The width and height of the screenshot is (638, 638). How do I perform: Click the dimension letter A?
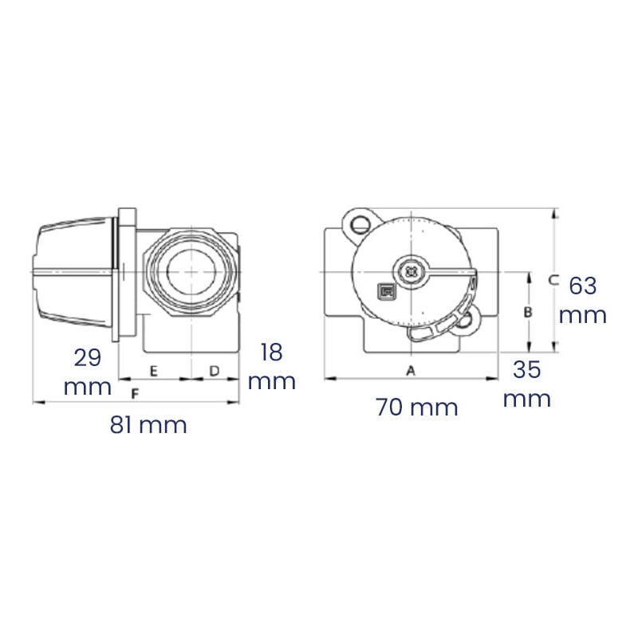(x=412, y=370)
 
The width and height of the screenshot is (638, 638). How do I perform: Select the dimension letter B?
(x=527, y=313)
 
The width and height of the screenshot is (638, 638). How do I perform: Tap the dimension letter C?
(x=553, y=279)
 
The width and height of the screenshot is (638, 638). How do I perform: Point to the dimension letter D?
(x=215, y=371)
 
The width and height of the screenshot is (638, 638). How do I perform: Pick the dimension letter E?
(x=154, y=371)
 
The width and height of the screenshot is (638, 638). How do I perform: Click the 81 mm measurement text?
(x=148, y=425)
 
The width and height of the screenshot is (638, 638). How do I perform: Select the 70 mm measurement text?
(x=416, y=408)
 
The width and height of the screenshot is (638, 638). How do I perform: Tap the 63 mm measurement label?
(x=583, y=300)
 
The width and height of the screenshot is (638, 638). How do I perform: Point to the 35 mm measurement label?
(x=527, y=384)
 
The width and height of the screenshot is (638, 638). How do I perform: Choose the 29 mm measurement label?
(x=88, y=372)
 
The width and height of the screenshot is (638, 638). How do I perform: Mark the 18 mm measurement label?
(x=271, y=366)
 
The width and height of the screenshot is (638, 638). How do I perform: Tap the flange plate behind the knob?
(x=127, y=271)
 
